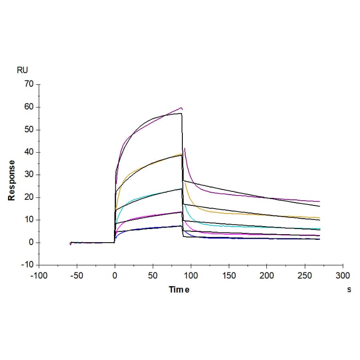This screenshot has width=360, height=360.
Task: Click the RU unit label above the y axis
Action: click(22, 71)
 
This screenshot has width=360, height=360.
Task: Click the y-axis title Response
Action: click(11, 180)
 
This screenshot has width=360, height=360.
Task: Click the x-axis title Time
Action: click(179, 290)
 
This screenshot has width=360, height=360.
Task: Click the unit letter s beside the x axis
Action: click(349, 290)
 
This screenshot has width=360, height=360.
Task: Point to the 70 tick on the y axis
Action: click(29, 84)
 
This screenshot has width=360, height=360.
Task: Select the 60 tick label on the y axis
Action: click(29, 107)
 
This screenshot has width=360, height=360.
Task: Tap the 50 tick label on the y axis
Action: click(29, 130)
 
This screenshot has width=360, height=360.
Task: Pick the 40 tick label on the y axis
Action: click(29, 152)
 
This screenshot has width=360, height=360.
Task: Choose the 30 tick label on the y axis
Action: click(29, 175)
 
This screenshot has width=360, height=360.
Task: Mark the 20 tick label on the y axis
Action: click(29, 197)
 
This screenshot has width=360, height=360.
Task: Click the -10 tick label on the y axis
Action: click(28, 265)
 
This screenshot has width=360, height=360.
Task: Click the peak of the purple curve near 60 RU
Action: click(181, 108)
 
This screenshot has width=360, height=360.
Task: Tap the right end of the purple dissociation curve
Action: click(319, 202)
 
